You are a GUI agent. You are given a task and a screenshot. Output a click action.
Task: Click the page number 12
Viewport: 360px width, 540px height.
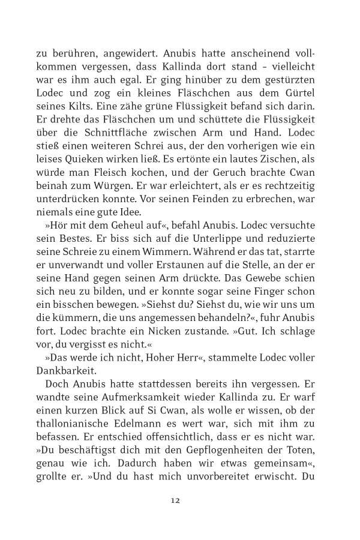point(175,500)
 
